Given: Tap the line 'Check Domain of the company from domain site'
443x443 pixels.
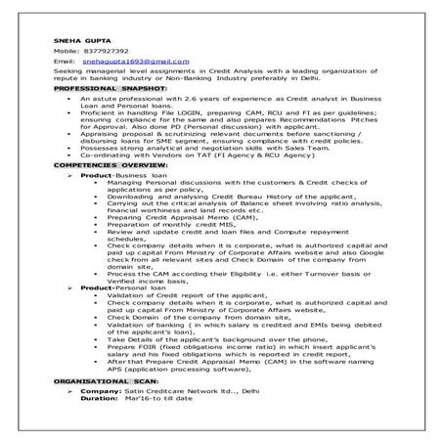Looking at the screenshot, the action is point(192,318).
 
